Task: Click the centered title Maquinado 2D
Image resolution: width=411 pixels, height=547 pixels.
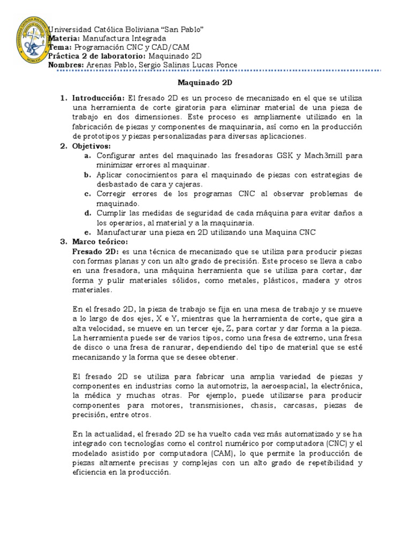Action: [x=205, y=83]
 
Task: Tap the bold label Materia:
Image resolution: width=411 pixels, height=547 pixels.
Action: [x=64, y=39]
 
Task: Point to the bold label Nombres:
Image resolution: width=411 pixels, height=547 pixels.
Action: [x=66, y=65]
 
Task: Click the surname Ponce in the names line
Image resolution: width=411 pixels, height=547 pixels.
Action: [x=225, y=65]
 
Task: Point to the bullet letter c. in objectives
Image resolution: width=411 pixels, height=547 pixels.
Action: [x=87, y=194]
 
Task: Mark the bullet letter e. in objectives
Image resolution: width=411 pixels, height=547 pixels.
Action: [x=87, y=232]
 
